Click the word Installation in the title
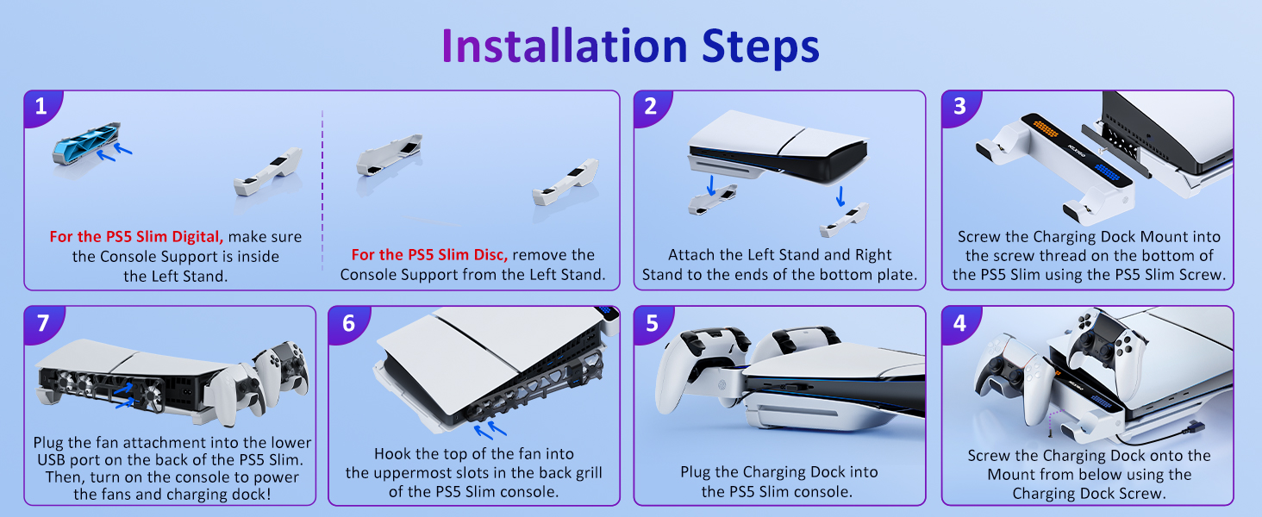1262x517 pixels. (x=562, y=47)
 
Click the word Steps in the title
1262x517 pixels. (x=759, y=47)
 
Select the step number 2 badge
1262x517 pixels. (x=651, y=107)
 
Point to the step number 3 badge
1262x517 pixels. (x=959, y=107)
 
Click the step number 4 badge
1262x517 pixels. (x=959, y=322)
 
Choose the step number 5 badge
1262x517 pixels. (x=651, y=322)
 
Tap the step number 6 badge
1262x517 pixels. (x=347, y=322)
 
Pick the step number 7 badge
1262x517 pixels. (x=41, y=322)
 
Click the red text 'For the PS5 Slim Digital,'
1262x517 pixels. (x=137, y=236)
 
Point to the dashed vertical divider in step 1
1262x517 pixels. (x=322, y=190)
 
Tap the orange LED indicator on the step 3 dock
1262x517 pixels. (x=1046, y=128)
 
